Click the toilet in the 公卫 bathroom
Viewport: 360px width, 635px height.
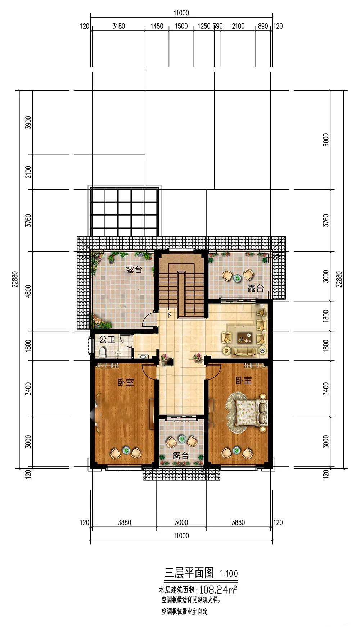click(103, 352)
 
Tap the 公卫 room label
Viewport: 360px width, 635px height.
click(107, 339)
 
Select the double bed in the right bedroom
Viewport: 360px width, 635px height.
click(248, 412)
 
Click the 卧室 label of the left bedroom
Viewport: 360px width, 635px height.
click(126, 382)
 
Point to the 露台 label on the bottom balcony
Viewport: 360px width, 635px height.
click(181, 456)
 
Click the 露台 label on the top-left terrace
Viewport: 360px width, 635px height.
click(134, 269)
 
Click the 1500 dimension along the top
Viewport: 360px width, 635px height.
click(181, 26)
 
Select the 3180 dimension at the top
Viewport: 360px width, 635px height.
click(119, 26)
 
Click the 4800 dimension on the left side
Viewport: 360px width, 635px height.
click(28, 291)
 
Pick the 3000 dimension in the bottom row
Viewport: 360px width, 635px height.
click(181, 522)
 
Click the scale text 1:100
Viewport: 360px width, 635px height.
click(229, 573)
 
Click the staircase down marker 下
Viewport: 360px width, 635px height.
click(169, 315)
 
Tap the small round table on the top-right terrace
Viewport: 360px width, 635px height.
click(238, 278)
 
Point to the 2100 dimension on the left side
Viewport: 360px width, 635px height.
click(28, 172)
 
